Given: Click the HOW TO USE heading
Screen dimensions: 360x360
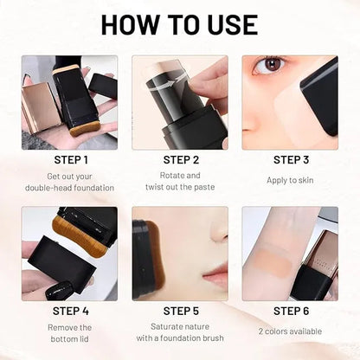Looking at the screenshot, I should [180, 25].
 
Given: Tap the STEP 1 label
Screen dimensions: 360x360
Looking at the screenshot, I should [70, 159].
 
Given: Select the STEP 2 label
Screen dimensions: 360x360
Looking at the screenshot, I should [180, 159].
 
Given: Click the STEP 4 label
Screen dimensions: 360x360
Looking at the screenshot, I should [70, 311].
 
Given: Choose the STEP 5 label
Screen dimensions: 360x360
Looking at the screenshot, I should [180, 311].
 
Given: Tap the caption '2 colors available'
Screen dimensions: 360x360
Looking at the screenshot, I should [290, 331].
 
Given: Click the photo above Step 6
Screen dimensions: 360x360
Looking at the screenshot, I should [290, 252].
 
